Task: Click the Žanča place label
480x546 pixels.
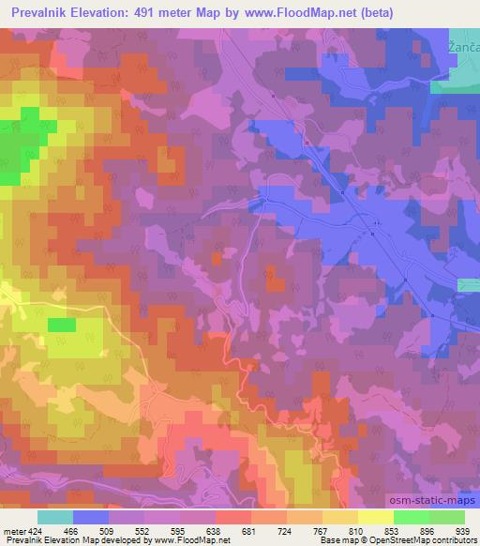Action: pos(461,45)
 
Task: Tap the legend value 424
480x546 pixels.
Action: pos(35,530)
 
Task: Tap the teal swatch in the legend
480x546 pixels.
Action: pos(54,516)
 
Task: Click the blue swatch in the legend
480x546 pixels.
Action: pos(90,516)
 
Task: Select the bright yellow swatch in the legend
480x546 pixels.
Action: pos(375,516)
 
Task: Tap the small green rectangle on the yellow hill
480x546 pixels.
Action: pos(62,325)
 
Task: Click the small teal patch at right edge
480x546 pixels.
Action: pos(469,284)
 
